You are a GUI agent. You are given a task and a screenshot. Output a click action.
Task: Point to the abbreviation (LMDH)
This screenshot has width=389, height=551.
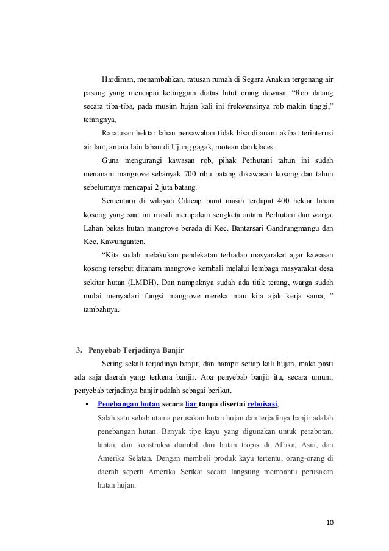[x=139, y=283]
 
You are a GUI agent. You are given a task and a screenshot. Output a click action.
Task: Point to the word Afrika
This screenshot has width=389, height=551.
[x=271, y=444]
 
